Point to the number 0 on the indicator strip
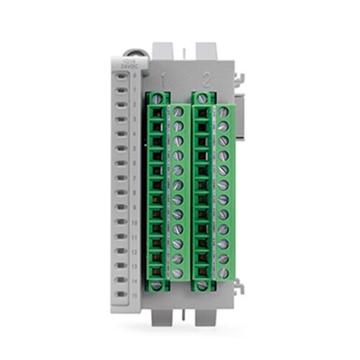[x=135, y=75]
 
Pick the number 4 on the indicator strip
[x=135, y=134]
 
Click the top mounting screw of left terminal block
[x=157, y=98]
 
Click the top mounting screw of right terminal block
[x=202, y=98]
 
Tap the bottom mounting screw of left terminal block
[x=157, y=286]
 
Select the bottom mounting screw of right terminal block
[x=202, y=286]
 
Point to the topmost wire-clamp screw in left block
[x=178, y=112]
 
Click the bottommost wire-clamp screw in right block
[x=223, y=273]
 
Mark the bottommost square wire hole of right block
[x=202, y=271]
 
